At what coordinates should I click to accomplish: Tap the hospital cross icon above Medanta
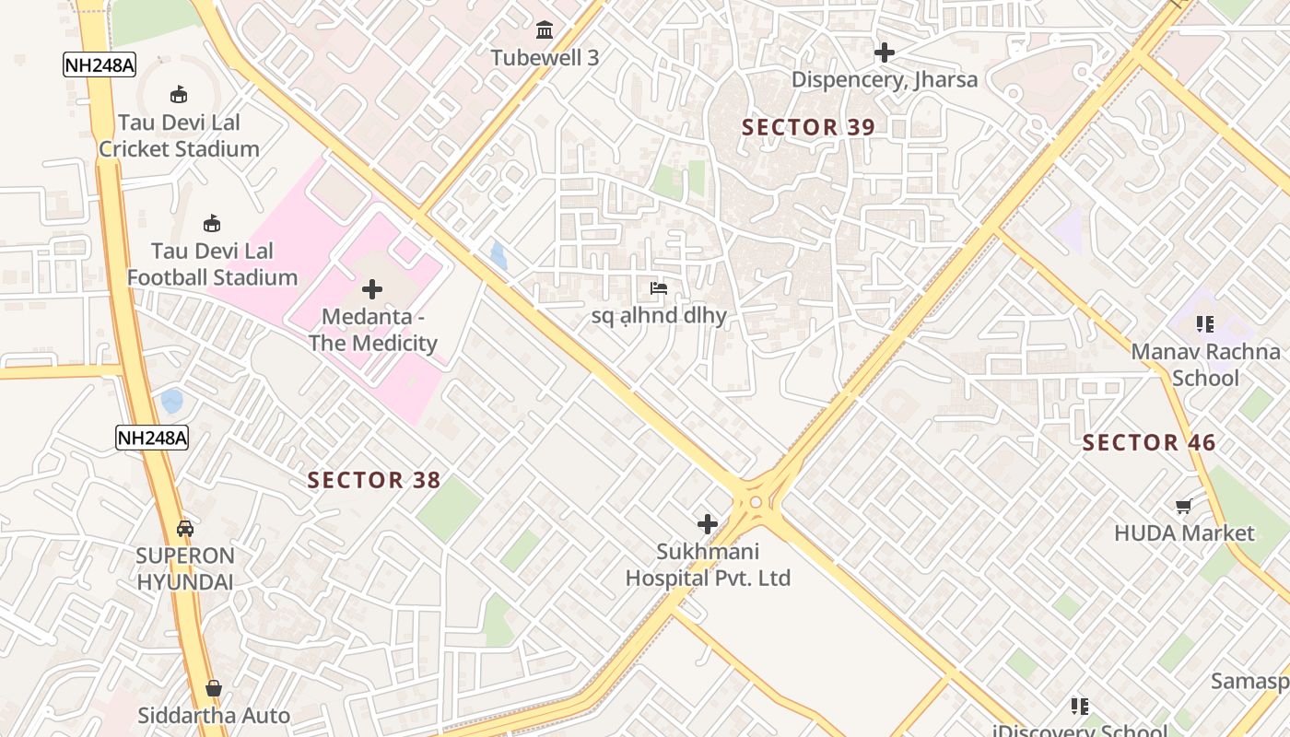click(x=372, y=290)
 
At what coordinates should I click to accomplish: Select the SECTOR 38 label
click(x=374, y=480)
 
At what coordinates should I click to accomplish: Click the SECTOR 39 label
click(x=808, y=128)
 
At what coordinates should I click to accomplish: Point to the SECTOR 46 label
click(x=1149, y=443)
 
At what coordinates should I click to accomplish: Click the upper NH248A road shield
click(x=100, y=64)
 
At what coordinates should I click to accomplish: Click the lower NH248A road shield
click(x=152, y=438)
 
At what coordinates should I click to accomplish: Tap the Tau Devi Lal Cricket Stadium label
click(x=179, y=135)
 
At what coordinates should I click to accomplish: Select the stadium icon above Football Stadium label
click(x=212, y=223)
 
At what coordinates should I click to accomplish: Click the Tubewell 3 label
click(x=545, y=57)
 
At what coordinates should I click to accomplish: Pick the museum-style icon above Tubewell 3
click(x=545, y=30)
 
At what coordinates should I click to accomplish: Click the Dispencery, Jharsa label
click(x=885, y=79)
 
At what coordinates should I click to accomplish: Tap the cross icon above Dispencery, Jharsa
click(x=885, y=53)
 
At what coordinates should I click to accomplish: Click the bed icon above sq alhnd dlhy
click(x=659, y=288)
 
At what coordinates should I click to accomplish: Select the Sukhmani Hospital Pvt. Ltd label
click(x=708, y=565)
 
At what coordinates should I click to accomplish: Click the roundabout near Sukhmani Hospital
click(x=756, y=502)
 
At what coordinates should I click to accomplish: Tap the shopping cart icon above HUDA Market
click(x=1184, y=506)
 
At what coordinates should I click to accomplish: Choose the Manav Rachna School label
click(x=1205, y=365)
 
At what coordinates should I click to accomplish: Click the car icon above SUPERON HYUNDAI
click(x=185, y=528)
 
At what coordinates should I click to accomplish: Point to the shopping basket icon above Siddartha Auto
click(x=214, y=688)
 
